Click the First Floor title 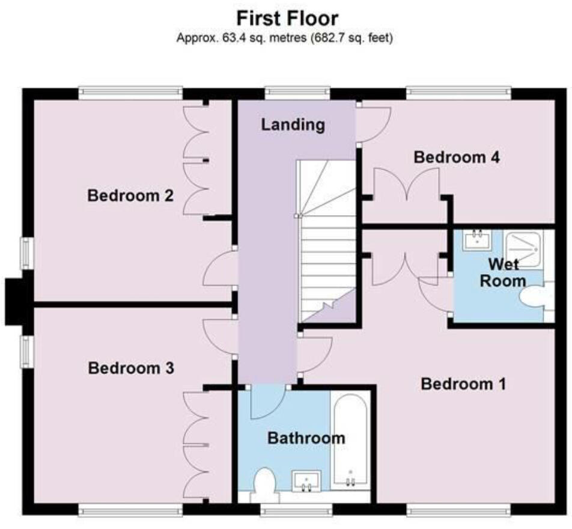[x=286, y=17]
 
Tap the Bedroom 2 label [x=130, y=196]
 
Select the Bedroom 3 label [x=130, y=368]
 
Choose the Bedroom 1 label [x=463, y=384]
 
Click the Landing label [x=293, y=125]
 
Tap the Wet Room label [x=507, y=272]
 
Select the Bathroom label [x=306, y=438]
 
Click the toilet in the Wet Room [x=536, y=298]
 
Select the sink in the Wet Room [x=478, y=240]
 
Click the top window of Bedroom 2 [x=130, y=93]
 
